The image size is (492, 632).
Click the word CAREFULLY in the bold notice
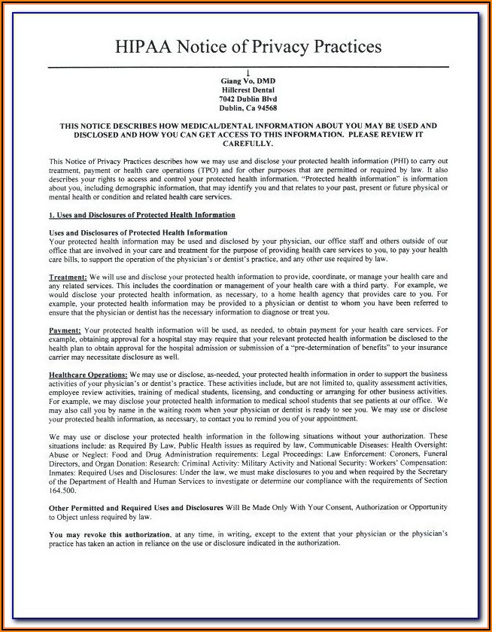pos(248,143)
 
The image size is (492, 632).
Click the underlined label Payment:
pos(65,330)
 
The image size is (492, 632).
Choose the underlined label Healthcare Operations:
pos(88,374)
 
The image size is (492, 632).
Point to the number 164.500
pos(62,490)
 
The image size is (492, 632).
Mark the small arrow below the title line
pos(248,72)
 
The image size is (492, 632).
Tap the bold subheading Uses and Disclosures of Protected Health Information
pos(138,233)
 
